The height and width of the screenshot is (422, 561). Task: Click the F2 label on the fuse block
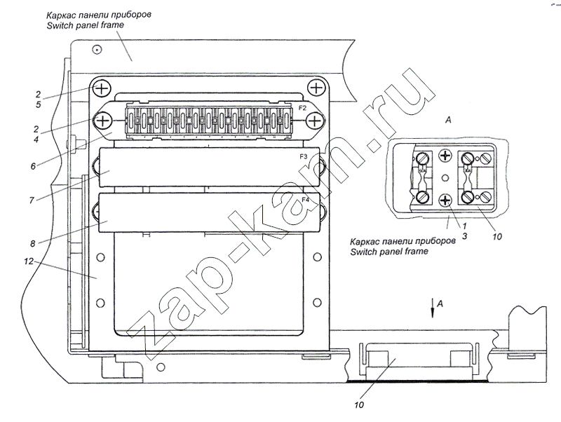point(302,108)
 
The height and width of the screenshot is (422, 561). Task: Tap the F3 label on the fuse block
point(304,156)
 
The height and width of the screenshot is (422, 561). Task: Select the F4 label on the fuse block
point(305,200)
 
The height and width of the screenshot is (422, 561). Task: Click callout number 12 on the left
point(29,261)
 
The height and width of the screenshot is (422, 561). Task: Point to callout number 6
point(33,166)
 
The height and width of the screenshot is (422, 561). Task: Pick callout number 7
point(32,200)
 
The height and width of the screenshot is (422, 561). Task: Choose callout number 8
point(32,243)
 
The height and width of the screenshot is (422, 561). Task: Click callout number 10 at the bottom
point(359,405)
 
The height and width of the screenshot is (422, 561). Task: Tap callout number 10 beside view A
point(497,236)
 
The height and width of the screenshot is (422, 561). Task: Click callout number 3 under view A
point(464,236)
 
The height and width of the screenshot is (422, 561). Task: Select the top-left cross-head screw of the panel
point(102,88)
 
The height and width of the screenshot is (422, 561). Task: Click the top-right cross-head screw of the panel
point(316,87)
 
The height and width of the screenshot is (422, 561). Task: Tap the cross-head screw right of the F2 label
point(315,121)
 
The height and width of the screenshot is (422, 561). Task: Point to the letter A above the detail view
point(448,120)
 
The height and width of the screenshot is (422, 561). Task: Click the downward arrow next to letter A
point(433,308)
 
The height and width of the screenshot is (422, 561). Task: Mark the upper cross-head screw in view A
point(445,156)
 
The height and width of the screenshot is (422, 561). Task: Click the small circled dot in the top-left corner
point(97,49)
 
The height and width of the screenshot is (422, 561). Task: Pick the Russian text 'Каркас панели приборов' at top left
point(99,15)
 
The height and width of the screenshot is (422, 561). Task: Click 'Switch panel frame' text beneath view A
point(389,252)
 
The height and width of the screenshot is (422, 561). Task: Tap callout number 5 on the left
point(38,104)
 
